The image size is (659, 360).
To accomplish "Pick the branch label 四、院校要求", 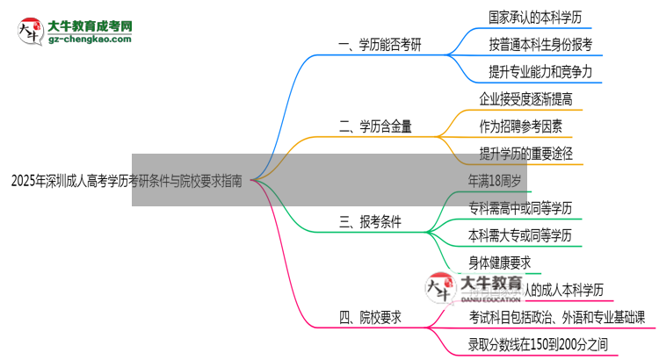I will tap(370, 319).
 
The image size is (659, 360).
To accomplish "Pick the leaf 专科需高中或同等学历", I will tap(521, 208).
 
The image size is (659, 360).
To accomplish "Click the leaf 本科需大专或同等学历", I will tap(521, 235).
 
